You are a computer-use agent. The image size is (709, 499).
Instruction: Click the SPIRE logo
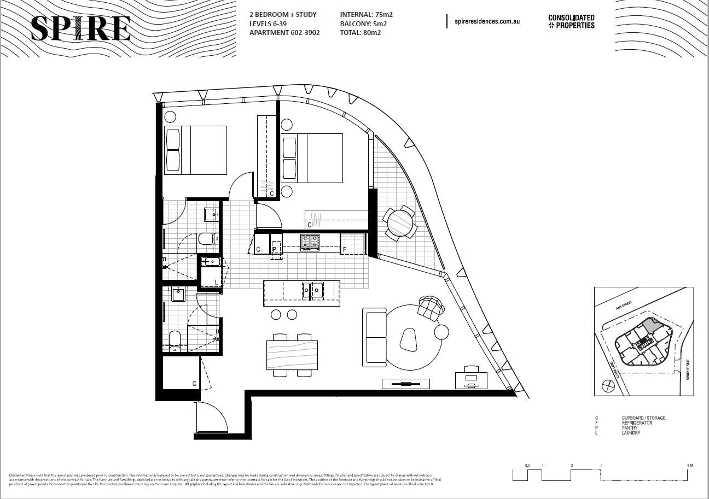[x=80, y=29]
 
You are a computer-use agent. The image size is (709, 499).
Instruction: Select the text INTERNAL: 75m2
[x=366, y=15]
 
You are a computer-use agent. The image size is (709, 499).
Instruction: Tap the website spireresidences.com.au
[x=486, y=22]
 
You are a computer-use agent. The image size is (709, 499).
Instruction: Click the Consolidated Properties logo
[x=571, y=22]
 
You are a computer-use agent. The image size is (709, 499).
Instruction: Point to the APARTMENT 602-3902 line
[x=284, y=33]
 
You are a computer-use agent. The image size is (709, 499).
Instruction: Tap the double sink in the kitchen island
[x=311, y=290]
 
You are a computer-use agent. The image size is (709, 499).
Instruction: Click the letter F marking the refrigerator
[x=344, y=250]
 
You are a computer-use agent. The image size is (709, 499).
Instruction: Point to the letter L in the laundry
[x=216, y=282]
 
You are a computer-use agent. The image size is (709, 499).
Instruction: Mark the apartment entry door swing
[x=212, y=418]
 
